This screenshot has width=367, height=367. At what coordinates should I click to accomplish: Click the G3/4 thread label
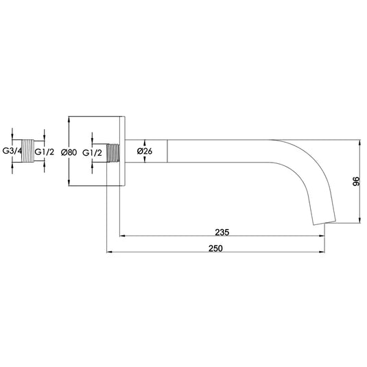pos(13,152)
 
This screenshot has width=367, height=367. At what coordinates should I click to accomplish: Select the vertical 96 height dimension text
pos(356,181)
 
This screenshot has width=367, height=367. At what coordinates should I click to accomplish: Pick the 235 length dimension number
pos(221,231)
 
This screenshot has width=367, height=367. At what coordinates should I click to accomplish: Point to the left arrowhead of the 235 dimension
pos(123,237)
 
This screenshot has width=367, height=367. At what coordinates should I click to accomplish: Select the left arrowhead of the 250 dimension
pos(108,253)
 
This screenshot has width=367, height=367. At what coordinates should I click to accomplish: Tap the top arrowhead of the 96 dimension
pos(358,143)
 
